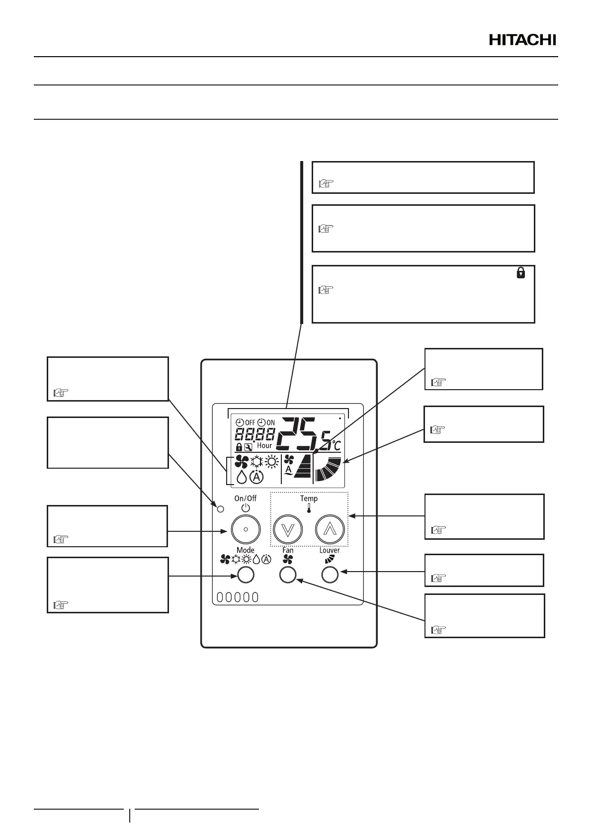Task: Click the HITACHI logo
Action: pyautogui.click(x=522, y=40)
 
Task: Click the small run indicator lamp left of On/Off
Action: pyautogui.click(x=221, y=508)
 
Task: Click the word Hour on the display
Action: pyautogui.click(x=264, y=446)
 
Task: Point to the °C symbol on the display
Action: pyautogui.click(x=337, y=445)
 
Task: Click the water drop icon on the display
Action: pyautogui.click(x=241, y=477)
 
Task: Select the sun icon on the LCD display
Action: pyautogui.click(x=271, y=462)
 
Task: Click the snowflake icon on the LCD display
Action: pyautogui.click(x=256, y=462)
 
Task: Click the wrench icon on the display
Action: pyautogui.click(x=249, y=447)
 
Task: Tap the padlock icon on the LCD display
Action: pyautogui.click(x=239, y=447)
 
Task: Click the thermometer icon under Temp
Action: pyautogui.click(x=309, y=508)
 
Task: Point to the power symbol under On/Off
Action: pyautogui.click(x=245, y=508)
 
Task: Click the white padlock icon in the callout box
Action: pyautogui.click(x=520, y=272)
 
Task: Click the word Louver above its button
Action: pyautogui.click(x=330, y=550)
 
